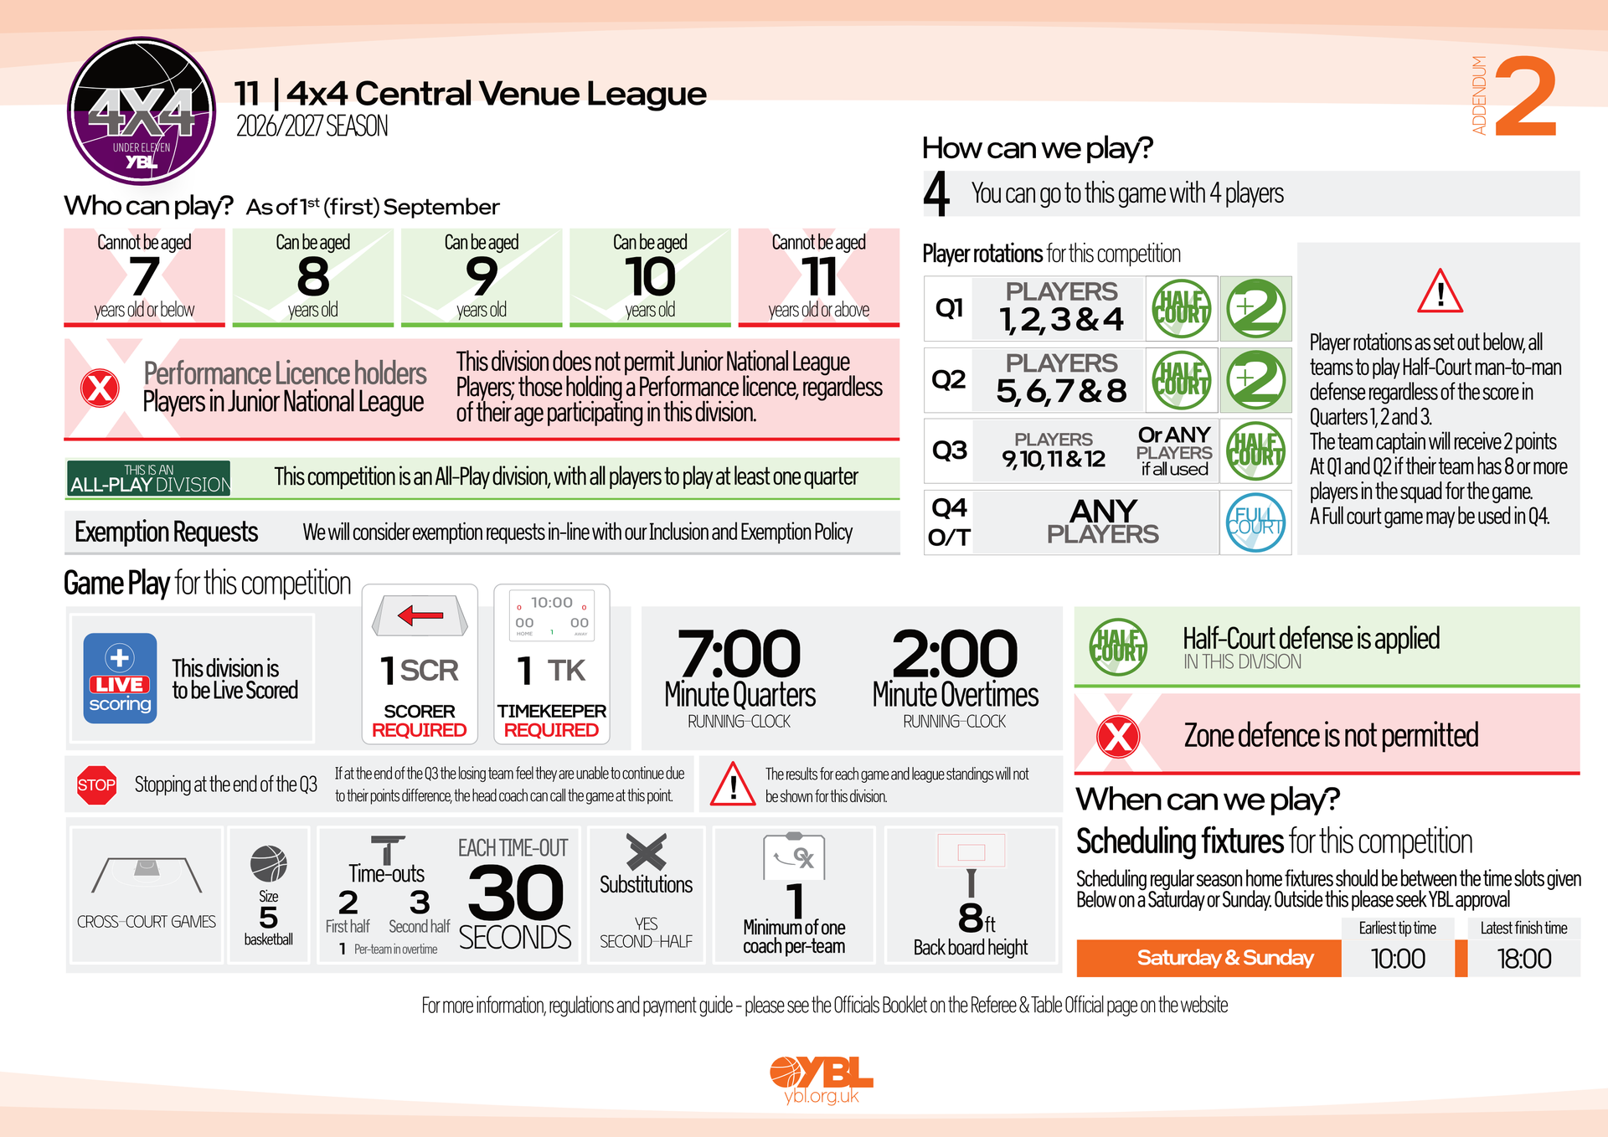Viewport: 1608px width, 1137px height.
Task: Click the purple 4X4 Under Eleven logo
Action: [x=142, y=111]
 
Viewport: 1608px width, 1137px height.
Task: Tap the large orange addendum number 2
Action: [x=1526, y=96]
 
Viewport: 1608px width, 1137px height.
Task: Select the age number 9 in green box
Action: [x=482, y=276]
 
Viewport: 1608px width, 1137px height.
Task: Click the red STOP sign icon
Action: [x=96, y=785]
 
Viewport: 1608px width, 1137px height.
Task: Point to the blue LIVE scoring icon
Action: [x=120, y=678]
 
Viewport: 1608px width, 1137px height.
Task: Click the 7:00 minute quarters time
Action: [x=740, y=653]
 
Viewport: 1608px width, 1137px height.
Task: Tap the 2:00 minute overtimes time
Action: [x=955, y=653]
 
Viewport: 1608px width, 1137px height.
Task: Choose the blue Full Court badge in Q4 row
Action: [x=1255, y=522]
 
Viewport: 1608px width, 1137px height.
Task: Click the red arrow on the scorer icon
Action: [x=420, y=616]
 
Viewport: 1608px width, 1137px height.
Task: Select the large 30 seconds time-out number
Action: [x=516, y=893]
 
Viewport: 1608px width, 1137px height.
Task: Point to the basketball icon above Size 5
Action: [x=269, y=864]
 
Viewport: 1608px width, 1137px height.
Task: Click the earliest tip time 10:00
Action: [x=1398, y=959]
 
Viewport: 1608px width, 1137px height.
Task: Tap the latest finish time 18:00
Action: [x=1524, y=959]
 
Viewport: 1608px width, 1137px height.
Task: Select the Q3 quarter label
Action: [x=950, y=450]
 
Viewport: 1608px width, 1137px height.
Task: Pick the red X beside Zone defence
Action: [x=1118, y=737]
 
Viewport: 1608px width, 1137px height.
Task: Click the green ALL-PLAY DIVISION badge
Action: [x=149, y=478]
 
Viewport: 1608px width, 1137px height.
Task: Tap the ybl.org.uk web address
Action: [x=822, y=1096]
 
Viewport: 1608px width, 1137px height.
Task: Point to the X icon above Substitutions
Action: [x=647, y=852]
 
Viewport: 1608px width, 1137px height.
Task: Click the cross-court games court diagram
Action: [x=147, y=875]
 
